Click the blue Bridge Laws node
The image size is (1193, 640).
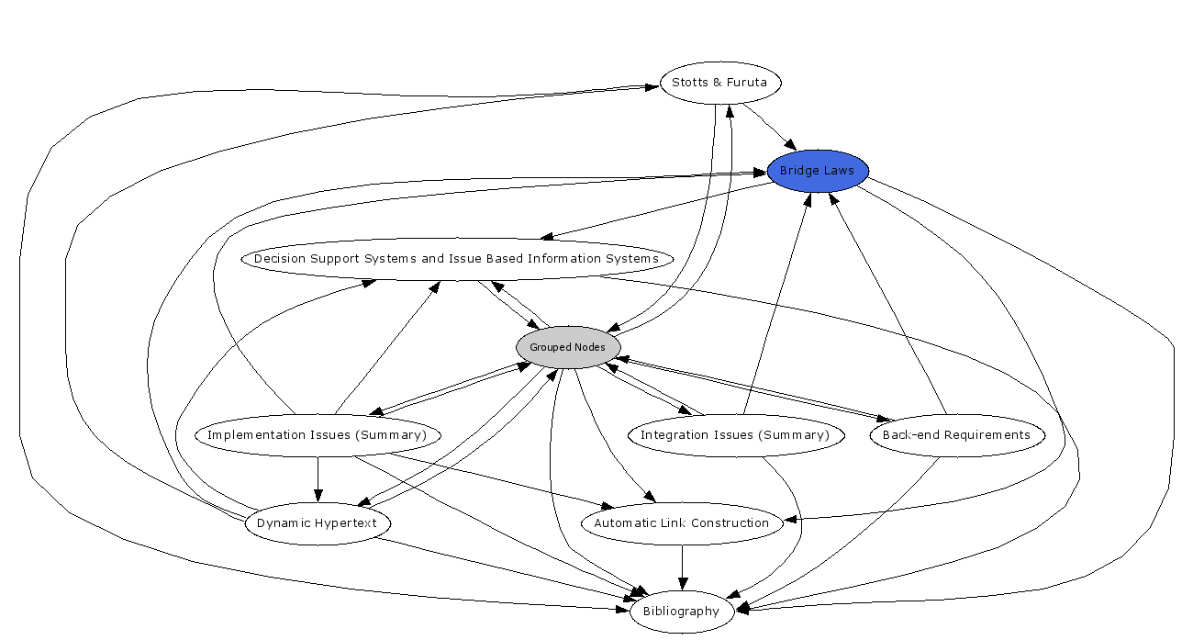[x=817, y=171]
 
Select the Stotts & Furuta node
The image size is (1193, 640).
[x=720, y=83]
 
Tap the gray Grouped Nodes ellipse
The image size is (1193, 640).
[x=568, y=347]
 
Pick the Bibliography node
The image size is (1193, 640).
[x=681, y=612]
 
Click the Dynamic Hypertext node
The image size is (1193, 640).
[x=318, y=523]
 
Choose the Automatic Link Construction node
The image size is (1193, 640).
[x=681, y=523]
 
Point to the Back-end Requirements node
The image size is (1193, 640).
[x=956, y=435]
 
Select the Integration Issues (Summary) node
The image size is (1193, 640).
[x=734, y=435]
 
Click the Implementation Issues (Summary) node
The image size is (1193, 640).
[x=318, y=435]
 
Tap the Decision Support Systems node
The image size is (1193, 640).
[x=456, y=259]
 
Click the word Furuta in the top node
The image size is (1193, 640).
[x=747, y=83]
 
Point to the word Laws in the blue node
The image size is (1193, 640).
[x=839, y=171]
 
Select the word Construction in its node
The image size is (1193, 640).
[x=731, y=523]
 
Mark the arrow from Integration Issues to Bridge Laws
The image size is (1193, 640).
[x=776, y=303]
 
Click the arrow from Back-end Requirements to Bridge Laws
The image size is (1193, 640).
[x=886, y=303]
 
